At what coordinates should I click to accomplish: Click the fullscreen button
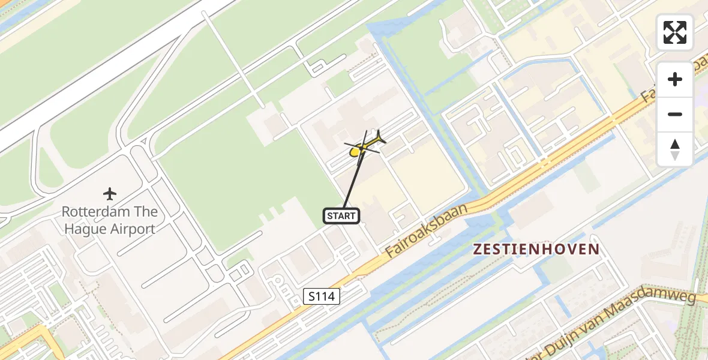pos(675,32)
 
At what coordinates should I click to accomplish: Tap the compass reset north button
pos(675,149)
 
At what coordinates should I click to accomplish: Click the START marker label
pos(341,215)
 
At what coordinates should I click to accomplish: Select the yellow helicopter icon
pos(363,147)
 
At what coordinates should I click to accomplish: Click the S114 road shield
pos(322,296)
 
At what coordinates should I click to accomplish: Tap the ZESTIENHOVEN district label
pos(536,250)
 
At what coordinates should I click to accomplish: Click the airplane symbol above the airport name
pos(109,194)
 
